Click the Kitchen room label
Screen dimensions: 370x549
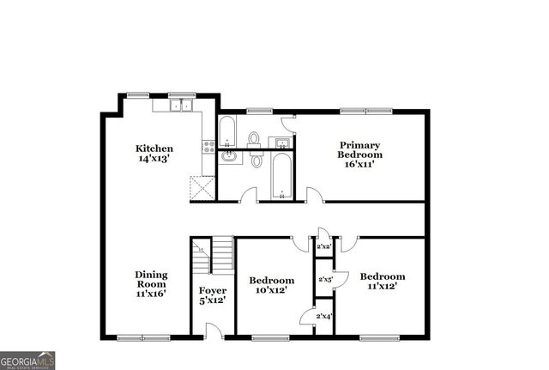(154, 148)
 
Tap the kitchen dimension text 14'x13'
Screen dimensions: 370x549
(154, 158)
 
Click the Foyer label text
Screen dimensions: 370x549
(213, 290)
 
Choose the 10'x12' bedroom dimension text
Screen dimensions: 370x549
(272, 290)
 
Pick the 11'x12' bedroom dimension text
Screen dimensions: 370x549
(382, 286)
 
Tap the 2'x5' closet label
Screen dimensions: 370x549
(325, 279)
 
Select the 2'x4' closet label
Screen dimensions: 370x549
(323, 317)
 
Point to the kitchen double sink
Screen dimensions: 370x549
(180, 106)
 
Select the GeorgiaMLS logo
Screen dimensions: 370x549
(27, 361)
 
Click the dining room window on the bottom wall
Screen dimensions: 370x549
(142, 337)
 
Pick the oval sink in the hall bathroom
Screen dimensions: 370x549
(230, 156)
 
